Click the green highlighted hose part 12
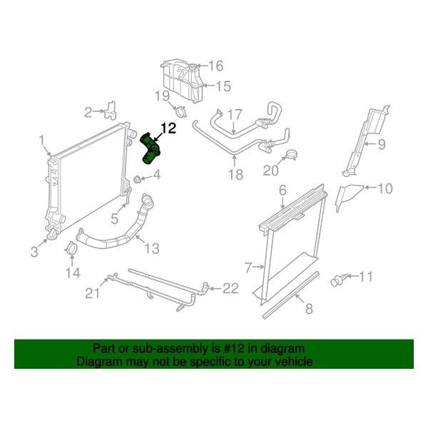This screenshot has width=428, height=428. [x=151, y=149]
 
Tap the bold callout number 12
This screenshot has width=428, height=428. [x=168, y=128]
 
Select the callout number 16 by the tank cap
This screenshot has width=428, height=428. [x=215, y=66]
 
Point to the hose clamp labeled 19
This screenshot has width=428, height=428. [x=180, y=111]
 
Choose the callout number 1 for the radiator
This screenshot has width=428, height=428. [x=41, y=139]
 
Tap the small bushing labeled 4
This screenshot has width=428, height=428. [x=137, y=178]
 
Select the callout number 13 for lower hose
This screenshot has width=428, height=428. [x=152, y=248]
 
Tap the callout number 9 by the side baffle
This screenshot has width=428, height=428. [x=381, y=145]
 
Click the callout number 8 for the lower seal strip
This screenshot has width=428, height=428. [x=309, y=309]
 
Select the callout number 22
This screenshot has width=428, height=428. [x=230, y=288]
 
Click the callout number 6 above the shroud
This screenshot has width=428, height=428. [x=282, y=190]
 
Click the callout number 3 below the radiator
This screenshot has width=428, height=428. [x=34, y=250]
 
